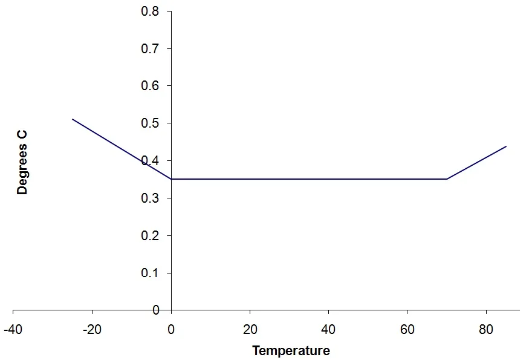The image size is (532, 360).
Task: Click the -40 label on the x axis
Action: click(x=13, y=330)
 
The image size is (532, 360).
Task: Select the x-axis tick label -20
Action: click(x=92, y=330)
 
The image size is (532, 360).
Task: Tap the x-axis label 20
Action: click(x=250, y=330)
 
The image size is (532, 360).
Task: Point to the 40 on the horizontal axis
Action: click(x=328, y=330)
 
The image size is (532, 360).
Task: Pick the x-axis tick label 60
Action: click(x=407, y=330)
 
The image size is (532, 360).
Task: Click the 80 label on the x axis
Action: click(x=486, y=330)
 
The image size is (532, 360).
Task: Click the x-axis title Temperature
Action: click(x=291, y=351)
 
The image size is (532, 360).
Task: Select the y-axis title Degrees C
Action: click(x=23, y=161)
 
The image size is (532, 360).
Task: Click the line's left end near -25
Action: click(x=73, y=119)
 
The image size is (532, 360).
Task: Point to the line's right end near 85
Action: click(x=506, y=146)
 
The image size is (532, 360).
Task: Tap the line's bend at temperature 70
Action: click(x=447, y=179)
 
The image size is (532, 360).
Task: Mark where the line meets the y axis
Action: click(x=171, y=179)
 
